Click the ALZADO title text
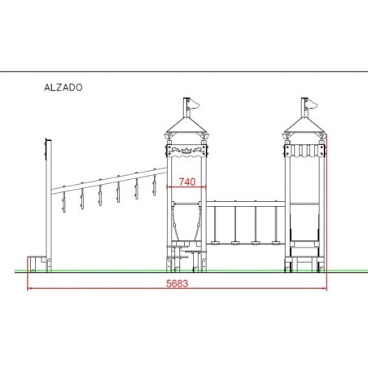64,87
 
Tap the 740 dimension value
187,182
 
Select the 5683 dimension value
177,283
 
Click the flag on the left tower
195,104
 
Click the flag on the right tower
312,104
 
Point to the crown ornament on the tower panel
186,150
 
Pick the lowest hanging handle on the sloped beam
64,202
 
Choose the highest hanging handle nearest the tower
155,186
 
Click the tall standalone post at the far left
49,205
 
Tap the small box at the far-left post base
36,264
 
